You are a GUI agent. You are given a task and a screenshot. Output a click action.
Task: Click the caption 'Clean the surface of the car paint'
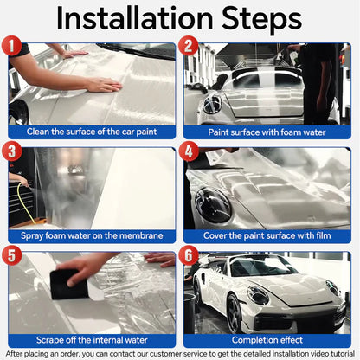point(92,132)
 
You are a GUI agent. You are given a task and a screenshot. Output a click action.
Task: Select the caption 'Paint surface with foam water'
point(267,132)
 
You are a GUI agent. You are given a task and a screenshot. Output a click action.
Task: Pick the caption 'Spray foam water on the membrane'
point(92,235)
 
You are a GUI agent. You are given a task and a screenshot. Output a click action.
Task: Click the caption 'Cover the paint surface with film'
point(267,235)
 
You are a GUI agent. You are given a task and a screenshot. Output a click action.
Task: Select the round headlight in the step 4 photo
point(213,206)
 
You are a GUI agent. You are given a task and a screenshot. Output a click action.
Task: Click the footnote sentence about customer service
point(180,354)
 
